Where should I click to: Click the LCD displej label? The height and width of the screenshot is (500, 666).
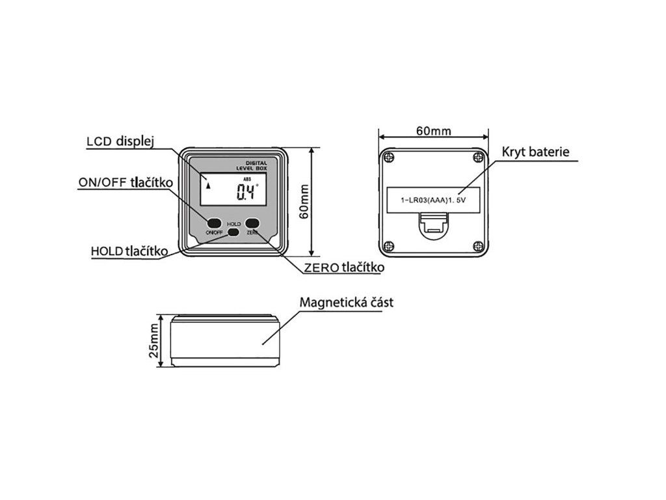pos(120,142)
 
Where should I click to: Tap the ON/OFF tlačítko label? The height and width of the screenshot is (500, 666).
pos(125,183)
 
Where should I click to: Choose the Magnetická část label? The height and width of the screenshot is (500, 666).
pos(346,303)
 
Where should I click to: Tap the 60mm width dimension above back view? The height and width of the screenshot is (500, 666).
pos(433,131)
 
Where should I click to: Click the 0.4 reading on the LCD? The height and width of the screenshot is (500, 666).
pos(246,192)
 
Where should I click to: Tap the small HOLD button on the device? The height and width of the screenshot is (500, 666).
pos(233,232)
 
